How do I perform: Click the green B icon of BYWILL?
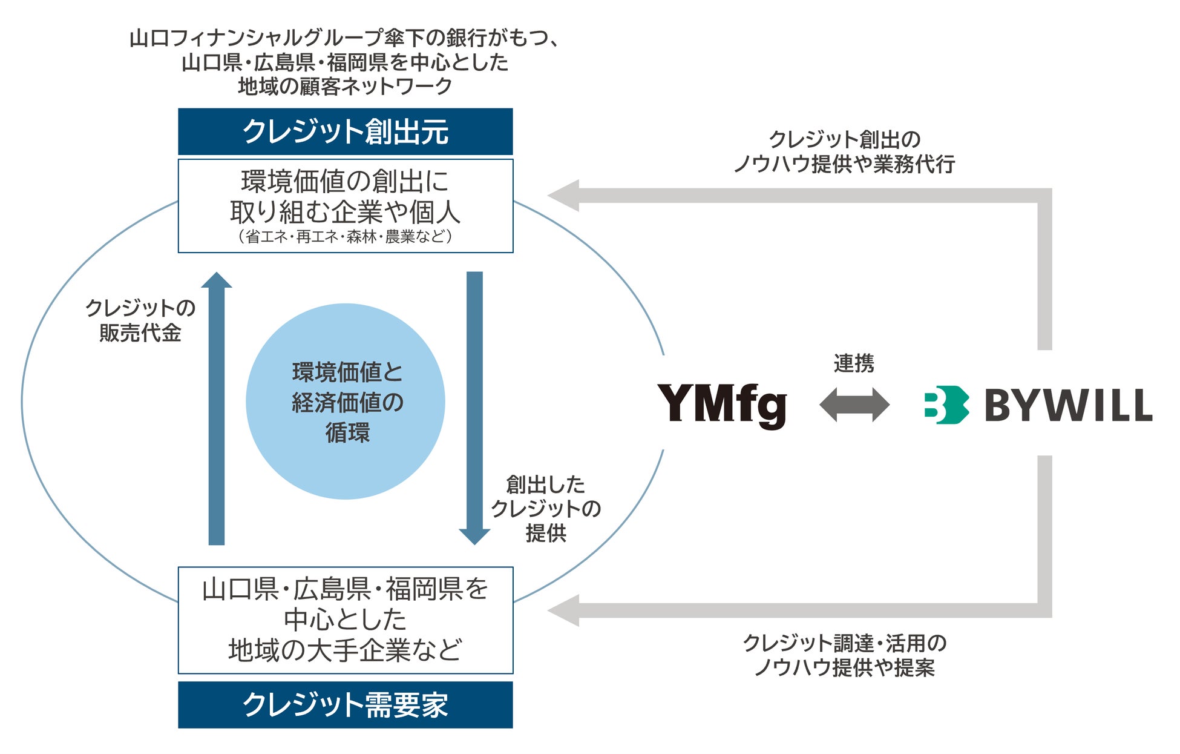946,405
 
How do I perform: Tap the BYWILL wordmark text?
1068,405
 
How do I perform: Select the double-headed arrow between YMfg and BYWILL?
854,405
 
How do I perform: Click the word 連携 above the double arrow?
854,363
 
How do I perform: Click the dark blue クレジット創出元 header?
345,131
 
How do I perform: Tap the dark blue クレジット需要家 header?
345,704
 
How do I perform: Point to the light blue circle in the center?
346,401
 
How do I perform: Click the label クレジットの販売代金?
140,320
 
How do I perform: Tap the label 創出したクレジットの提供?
546,508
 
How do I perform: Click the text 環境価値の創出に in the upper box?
345,181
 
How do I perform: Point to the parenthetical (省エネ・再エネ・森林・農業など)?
345,236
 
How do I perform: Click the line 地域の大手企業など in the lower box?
345,650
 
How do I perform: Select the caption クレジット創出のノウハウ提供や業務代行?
845,151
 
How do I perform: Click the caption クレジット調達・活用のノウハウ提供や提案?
845,655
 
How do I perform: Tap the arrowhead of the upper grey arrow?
564,196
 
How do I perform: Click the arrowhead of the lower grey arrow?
564,610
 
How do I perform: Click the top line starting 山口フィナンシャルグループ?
345,38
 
